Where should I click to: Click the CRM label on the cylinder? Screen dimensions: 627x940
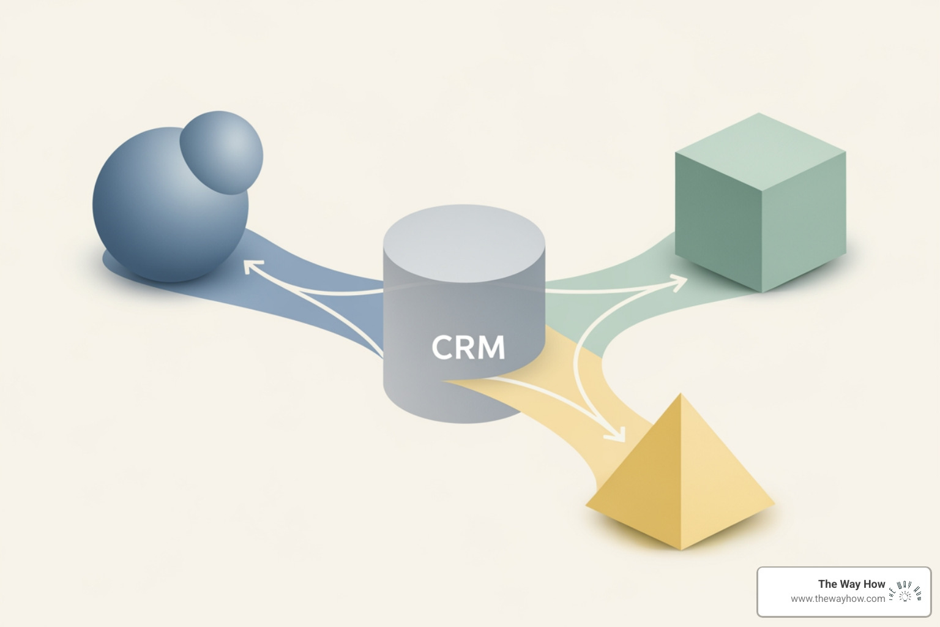click(468, 347)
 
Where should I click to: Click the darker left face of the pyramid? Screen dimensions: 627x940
click(643, 484)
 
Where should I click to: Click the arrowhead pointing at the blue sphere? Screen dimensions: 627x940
click(251, 267)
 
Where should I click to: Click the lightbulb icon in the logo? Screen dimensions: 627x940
click(905, 593)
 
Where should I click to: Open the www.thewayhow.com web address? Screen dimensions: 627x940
click(837, 599)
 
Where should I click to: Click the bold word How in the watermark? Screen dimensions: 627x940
click(875, 584)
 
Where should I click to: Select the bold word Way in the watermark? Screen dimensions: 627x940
click(850, 584)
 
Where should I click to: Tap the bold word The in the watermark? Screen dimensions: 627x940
click(827, 584)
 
